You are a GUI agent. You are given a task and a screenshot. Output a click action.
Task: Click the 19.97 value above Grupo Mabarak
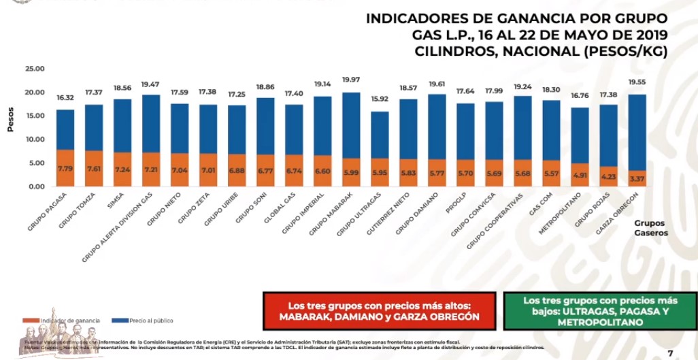351,80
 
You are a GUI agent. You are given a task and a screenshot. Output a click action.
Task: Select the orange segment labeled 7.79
65,167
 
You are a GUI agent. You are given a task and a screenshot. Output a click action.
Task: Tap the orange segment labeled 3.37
637,178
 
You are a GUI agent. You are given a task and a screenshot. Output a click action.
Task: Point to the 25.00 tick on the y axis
35,69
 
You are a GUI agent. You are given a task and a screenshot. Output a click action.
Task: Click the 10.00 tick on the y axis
35,140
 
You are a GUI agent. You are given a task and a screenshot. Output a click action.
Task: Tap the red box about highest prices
380,311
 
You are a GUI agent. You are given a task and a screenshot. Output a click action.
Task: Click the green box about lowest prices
601,311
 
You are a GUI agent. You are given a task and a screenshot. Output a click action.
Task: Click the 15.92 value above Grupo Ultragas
380,99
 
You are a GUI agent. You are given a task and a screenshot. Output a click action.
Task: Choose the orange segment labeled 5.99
351,172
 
